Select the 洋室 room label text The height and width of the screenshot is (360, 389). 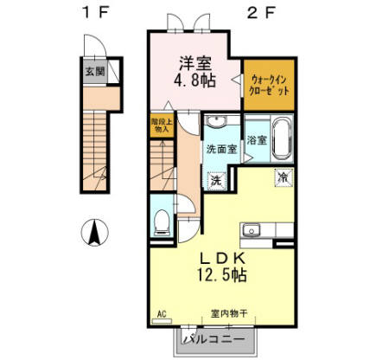194,63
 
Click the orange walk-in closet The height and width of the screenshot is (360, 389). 271,85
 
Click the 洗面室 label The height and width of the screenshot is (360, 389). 220,149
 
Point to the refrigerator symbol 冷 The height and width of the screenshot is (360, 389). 283,177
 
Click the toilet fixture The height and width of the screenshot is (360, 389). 161,221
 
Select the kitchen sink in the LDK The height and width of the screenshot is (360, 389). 252,230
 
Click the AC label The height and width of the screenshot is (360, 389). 162,313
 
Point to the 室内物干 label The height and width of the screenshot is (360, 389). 226,313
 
